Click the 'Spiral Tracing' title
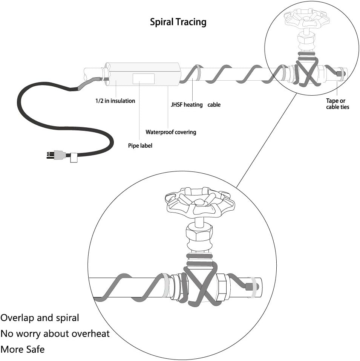click(x=178, y=22)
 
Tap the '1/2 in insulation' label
click(x=115, y=101)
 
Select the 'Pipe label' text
click(x=140, y=146)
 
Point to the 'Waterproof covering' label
click(x=171, y=132)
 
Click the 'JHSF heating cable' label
click(x=196, y=105)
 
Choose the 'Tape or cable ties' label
click(x=337, y=104)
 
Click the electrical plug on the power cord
click(x=56, y=155)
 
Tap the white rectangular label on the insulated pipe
click(x=144, y=79)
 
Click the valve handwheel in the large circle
click(x=200, y=202)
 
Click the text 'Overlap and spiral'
click(x=40, y=318)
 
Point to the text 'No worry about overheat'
click(x=55, y=333)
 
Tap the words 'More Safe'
click(x=23, y=349)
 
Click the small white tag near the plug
click(x=74, y=158)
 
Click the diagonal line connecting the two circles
click(x=267, y=141)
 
